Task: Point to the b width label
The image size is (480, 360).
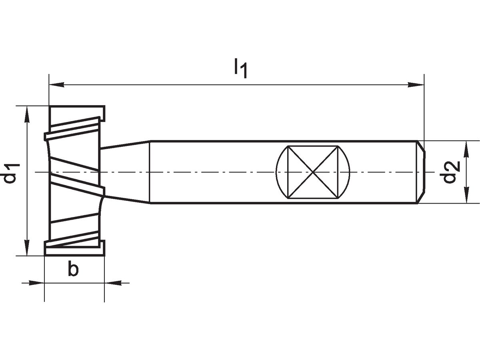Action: point(72,270)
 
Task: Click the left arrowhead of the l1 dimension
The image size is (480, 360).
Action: point(56,85)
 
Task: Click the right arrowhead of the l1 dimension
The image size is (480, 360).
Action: point(416,85)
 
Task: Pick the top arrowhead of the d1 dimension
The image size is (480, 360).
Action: point(27,114)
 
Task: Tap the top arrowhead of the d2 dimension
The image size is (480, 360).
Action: point(466,149)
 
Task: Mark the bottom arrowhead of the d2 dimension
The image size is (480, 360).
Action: point(466,196)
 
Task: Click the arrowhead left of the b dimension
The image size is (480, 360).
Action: point(36,283)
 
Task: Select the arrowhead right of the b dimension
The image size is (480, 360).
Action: point(112,283)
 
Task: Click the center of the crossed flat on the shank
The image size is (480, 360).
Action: point(313,172)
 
